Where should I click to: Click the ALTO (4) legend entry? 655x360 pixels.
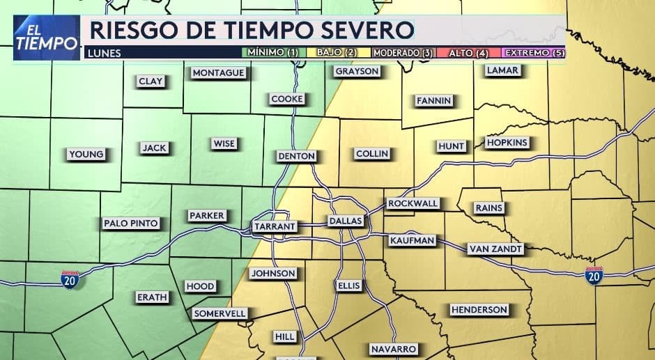click(467, 53)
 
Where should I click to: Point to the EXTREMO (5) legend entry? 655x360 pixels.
click(533, 53)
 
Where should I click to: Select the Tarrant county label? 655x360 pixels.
click(275, 226)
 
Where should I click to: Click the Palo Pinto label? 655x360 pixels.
click(131, 224)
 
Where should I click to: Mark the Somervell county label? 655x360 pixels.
click(220, 313)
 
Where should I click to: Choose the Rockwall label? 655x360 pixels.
click(413, 203)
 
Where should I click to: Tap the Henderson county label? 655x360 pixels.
click(479, 309)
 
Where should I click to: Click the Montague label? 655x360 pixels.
click(218, 72)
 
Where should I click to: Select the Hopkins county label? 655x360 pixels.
click(507, 143)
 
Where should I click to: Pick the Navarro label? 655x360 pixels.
click(393, 348)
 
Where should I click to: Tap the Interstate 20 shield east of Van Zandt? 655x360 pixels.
click(594, 275)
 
